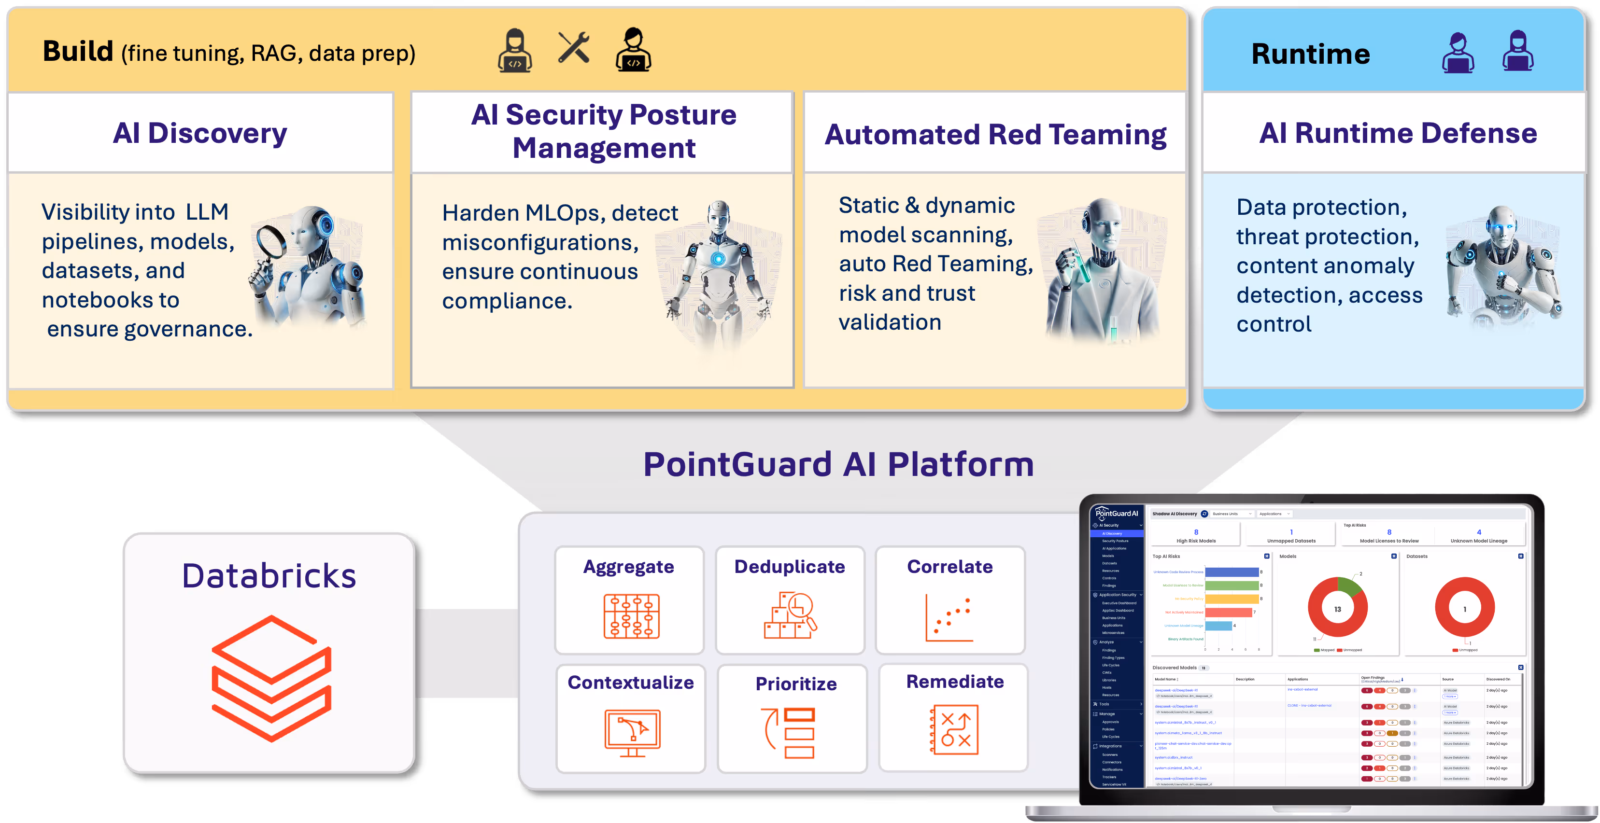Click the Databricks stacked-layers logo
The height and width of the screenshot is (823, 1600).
tap(271, 678)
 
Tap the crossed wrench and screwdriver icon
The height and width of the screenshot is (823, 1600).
tap(573, 48)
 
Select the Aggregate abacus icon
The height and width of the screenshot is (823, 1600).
tap(631, 616)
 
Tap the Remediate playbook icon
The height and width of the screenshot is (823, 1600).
tap(955, 729)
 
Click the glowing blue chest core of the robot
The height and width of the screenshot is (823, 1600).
tap(718, 259)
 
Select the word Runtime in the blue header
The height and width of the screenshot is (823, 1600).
tap(1311, 54)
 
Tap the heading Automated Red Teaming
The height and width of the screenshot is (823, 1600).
tap(995, 135)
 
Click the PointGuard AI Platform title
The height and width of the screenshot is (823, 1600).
tap(838, 464)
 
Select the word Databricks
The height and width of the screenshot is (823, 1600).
tap(269, 576)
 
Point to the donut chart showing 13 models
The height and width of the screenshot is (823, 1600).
tap(1337, 608)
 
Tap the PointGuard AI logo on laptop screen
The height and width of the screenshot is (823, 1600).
tap(1116, 513)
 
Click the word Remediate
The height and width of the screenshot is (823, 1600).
tap(955, 682)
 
